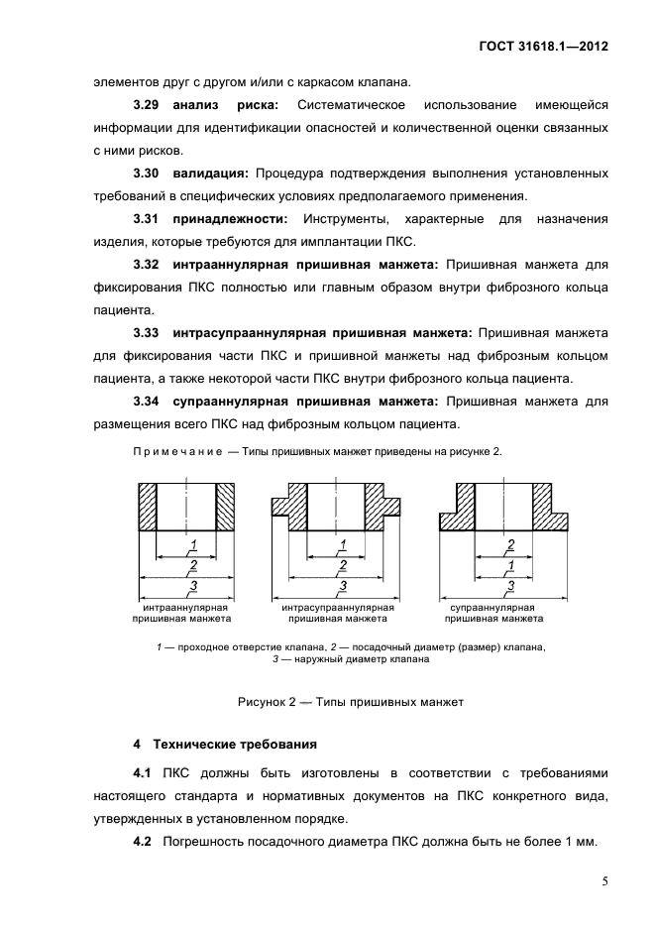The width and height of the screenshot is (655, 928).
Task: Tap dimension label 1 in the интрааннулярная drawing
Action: pyautogui.click(x=193, y=542)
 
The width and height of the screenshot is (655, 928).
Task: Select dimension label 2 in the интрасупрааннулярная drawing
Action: pyautogui.click(x=342, y=565)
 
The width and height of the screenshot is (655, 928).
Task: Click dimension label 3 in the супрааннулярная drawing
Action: pyautogui.click(x=510, y=586)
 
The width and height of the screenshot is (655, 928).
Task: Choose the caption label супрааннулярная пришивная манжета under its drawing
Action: pyautogui.click(x=492, y=612)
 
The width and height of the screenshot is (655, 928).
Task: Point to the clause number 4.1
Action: pyautogui.click(x=142, y=772)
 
